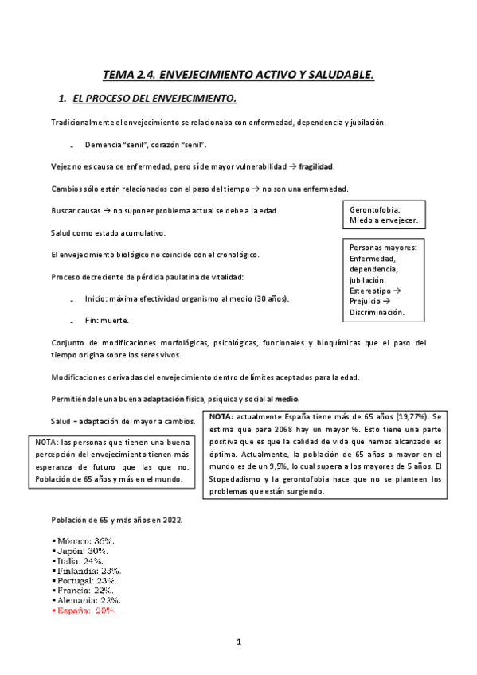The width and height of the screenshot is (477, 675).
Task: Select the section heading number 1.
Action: (62, 99)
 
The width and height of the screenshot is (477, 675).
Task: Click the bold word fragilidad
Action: (316, 166)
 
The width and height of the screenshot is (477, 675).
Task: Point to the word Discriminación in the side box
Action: (377, 313)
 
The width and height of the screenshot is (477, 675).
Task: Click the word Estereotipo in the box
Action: (370, 291)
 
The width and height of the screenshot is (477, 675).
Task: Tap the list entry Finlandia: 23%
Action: (88, 571)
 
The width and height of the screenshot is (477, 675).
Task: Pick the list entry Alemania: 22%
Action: (87, 600)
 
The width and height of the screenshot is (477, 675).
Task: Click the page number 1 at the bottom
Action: (238, 642)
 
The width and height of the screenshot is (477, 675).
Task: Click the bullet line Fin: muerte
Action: (107, 320)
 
